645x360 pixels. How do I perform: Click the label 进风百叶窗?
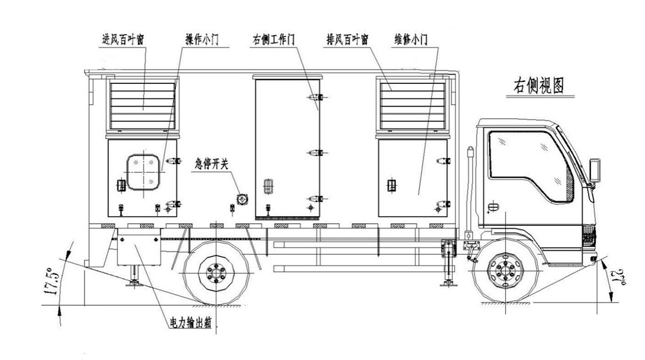(123, 38)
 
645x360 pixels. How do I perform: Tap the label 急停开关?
(212, 164)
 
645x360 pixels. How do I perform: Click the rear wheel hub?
(213, 273)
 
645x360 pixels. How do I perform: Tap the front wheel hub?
(501, 271)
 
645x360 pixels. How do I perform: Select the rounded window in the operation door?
(143, 172)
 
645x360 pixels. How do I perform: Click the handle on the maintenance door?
(390, 186)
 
